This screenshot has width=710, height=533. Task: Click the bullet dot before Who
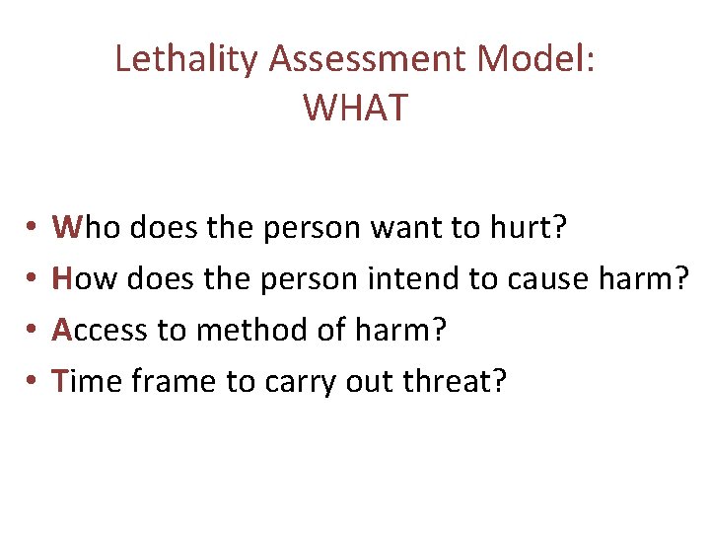point(34,230)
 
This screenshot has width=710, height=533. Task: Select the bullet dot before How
point(34,280)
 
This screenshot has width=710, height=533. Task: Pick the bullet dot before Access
point(34,331)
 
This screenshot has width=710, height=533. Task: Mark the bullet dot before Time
point(34,381)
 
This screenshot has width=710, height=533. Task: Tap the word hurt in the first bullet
point(528,229)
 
